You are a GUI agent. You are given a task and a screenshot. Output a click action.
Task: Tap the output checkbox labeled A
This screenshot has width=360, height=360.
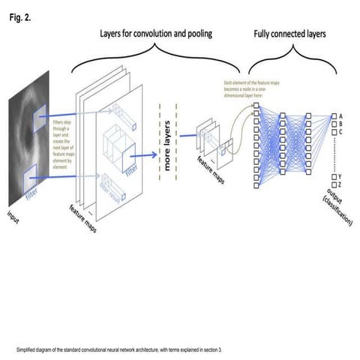point(334,116)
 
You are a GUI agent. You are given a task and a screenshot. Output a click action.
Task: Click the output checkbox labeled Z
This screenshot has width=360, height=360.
point(334,184)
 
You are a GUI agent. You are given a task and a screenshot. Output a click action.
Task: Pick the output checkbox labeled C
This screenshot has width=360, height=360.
point(334,132)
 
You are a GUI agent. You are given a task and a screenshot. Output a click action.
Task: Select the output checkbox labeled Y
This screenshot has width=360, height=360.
point(334,176)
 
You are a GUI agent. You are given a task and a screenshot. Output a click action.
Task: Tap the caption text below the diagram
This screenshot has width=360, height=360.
point(120,349)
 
